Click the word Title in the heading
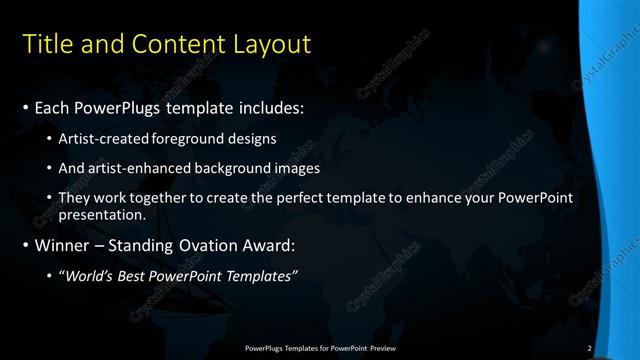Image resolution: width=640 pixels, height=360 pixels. (45, 45)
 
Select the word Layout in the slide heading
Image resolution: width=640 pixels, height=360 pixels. (272, 45)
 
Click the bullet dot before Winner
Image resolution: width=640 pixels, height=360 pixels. (26, 245)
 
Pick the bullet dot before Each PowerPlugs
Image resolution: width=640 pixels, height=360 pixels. (26, 107)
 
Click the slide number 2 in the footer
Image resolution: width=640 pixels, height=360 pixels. (590, 347)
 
